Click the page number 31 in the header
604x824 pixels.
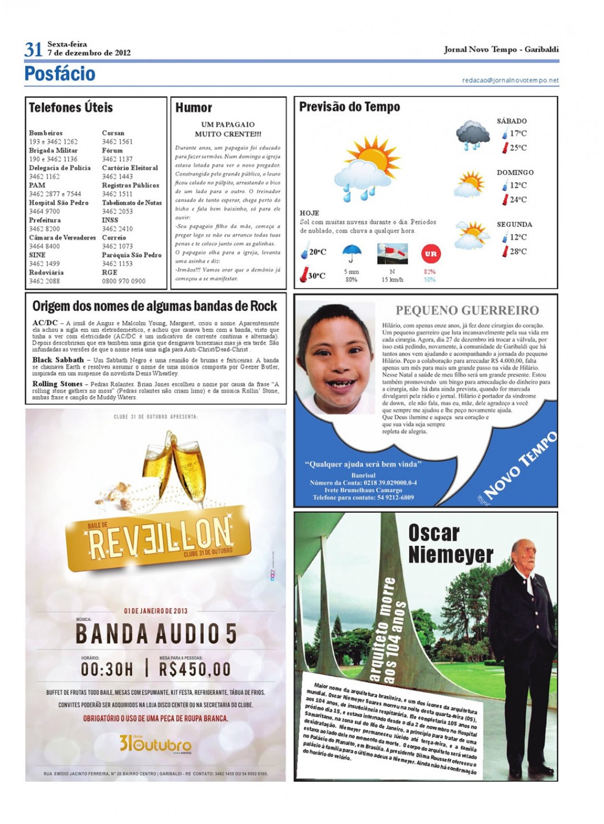[x=33, y=50]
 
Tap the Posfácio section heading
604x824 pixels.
[x=60, y=74]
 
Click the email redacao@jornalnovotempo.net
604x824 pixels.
[x=510, y=81]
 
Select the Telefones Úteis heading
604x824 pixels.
[x=71, y=107]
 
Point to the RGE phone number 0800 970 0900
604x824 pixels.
[x=123, y=281]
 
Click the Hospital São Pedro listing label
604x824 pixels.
[x=59, y=203]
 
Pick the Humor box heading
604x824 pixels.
[x=194, y=107]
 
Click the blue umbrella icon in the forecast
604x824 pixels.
[x=352, y=253]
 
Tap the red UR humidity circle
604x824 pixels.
[x=430, y=254]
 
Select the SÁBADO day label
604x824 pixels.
[x=512, y=121]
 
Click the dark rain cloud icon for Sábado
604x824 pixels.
[x=473, y=135]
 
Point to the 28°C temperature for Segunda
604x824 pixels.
[x=518, y=251]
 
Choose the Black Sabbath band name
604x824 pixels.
[x=58, y=360]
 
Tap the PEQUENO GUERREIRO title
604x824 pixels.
[x=467, y=311]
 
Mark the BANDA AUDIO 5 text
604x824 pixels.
[x=156, y=634]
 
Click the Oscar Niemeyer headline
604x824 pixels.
[x=450, y=544]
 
